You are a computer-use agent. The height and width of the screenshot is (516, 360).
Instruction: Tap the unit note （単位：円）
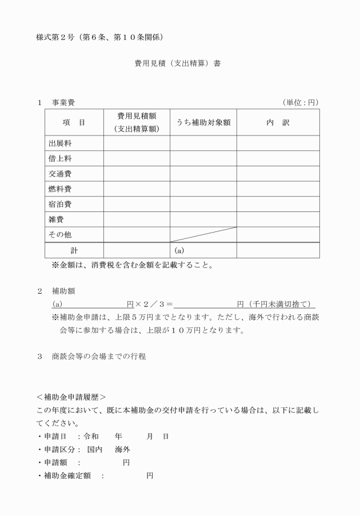tap(300, 103)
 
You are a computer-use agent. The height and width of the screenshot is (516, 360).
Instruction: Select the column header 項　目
tap(74, 123)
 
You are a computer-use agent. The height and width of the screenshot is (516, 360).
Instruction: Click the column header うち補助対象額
tap(203, 123)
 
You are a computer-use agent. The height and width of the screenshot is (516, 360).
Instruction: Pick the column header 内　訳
tap(278, 123)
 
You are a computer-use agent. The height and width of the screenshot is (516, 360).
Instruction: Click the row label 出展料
tap(60, 143)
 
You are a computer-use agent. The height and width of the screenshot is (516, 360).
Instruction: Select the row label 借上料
tap(60, 158)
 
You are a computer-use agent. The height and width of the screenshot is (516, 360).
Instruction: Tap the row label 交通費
tap(60, 174)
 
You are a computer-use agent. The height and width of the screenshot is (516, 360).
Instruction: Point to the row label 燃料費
tap(60, 189)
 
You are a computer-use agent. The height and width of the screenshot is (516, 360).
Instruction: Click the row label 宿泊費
tap(60, 204)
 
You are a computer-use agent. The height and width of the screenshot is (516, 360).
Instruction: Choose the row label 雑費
tap(56, 219)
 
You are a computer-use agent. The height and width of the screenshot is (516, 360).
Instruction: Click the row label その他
tap(60, 234)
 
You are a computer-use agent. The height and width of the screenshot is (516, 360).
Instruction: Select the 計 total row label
tap(74, 250)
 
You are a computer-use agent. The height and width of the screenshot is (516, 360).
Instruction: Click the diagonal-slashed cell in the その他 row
tap(203, 234)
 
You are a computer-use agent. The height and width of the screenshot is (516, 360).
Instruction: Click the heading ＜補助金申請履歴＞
tap(71, 396)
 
